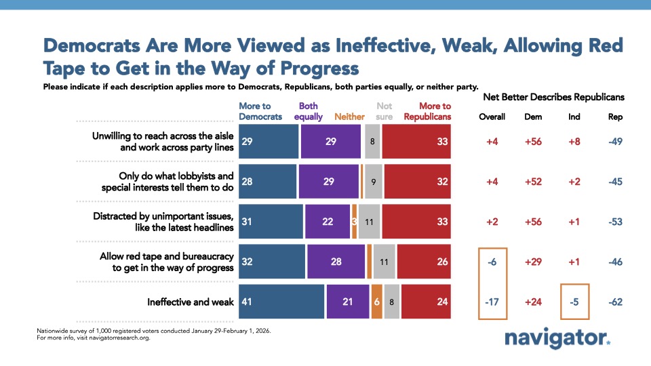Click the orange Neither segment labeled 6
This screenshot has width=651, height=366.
coord(376,302)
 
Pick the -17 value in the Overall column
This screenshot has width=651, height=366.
coord(492,302)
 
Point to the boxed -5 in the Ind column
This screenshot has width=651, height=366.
coord(574,302)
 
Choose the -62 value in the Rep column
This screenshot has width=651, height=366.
coord(615,302)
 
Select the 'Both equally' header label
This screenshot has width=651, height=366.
coord(308,111)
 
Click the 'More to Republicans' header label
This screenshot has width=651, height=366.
coord(427,111)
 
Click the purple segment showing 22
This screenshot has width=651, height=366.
coord(328,220)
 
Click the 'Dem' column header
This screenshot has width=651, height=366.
coord(533,117)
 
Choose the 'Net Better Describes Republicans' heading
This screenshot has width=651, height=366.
coord(553,97)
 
